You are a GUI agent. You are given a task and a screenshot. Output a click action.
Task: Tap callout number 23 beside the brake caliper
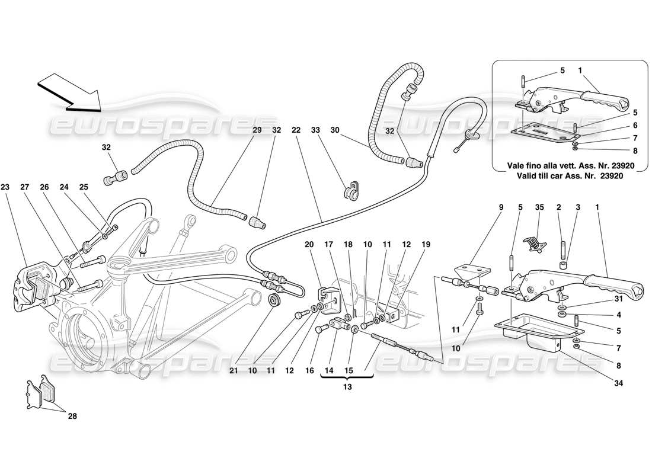coord(6,187)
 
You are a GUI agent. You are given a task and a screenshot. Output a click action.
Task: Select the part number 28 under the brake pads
coord(72,416)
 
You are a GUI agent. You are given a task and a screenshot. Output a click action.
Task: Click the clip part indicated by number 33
coord(352,193)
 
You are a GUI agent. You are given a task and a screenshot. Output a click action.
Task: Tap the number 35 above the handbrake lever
coord(539,208)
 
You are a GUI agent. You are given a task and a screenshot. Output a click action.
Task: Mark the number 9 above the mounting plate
coord(500,208)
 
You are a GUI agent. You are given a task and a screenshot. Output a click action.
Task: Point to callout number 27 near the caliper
coord(25,187)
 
